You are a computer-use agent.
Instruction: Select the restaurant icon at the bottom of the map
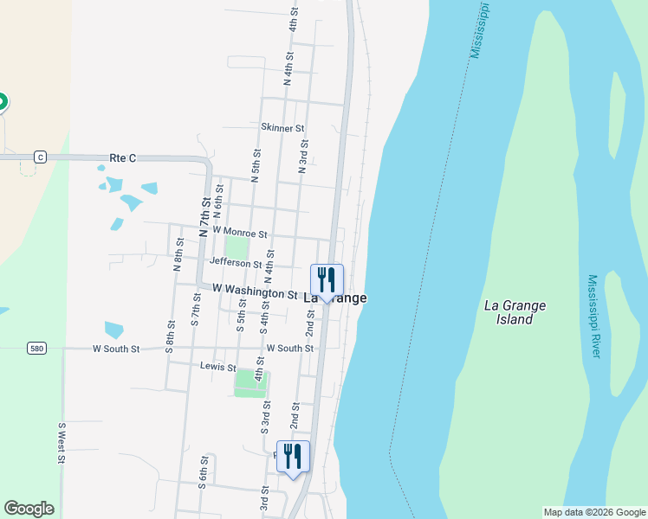coord(293,457)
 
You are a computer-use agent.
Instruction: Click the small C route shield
coord(40,157)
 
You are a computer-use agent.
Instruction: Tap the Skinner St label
coord(283,128)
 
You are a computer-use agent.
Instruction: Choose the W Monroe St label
coord(233,233)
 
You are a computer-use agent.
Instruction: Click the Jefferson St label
coord(236,263)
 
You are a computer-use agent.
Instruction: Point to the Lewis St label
coord(218,367)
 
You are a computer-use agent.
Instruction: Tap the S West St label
coord(62,444)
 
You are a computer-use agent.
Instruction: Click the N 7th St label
coord(205,217)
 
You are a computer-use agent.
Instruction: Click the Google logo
coord(29,509)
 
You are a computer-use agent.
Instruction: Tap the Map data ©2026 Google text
coord(593,512)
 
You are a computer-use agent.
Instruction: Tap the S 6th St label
coord(202,472)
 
